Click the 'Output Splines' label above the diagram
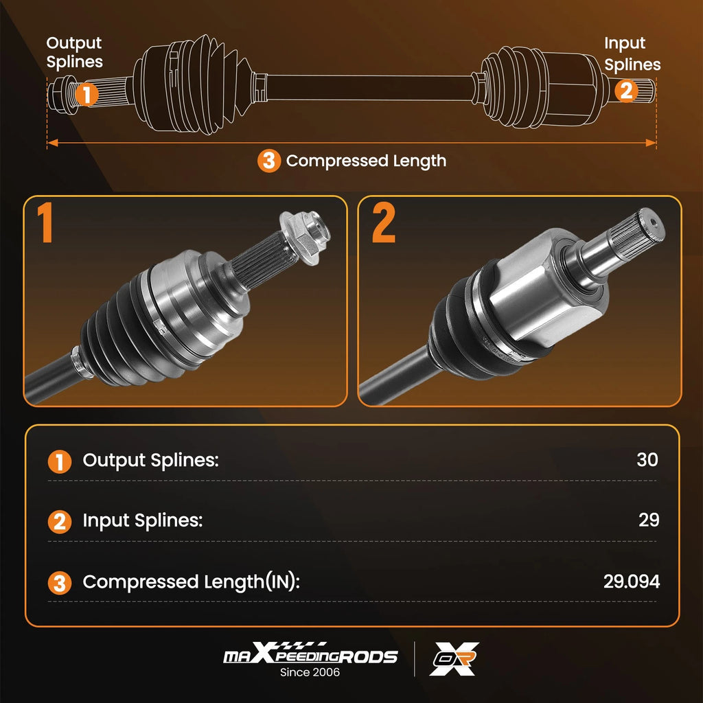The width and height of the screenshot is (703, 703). coord(74,53)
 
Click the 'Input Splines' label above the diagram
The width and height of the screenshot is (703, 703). coord(632,54)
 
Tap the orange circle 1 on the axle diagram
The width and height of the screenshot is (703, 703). coord(87,94)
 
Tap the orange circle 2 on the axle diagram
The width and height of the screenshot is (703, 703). coord(626,90)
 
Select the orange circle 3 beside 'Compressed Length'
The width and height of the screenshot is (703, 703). coord(269,161)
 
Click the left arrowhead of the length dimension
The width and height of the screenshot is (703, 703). coord(52,143)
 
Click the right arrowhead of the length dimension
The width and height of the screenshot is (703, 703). coord(651,143)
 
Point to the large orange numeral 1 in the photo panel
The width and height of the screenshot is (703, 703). coord(45,222)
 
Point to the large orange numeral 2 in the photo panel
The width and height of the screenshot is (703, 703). coord(384,222)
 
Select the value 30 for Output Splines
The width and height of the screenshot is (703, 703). coord(647,459)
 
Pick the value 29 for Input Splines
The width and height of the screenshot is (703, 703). coord(649,520)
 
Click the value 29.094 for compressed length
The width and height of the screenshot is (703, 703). coord(632,581)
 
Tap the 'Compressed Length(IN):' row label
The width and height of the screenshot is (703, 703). coord(191,582)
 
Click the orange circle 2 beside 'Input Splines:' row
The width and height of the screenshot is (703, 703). coord(60,522)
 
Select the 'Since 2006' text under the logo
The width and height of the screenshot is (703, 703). coord(310,672)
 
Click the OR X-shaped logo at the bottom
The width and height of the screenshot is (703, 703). coord(454,658)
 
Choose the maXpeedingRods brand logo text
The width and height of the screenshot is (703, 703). coord(310,653)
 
